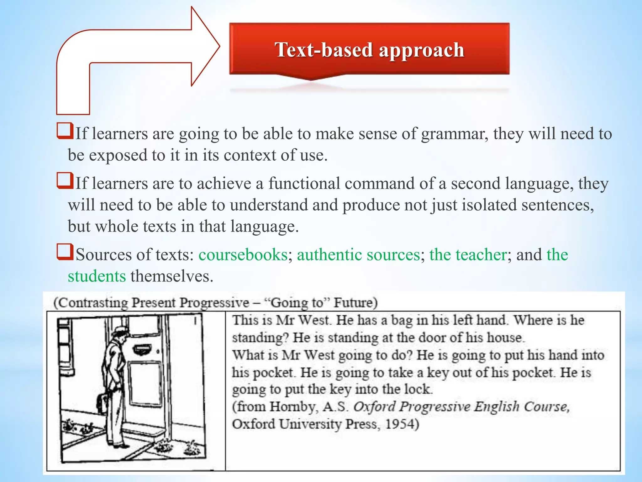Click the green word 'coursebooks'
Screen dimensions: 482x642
click(243, 254)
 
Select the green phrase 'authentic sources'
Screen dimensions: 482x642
click(358, 254)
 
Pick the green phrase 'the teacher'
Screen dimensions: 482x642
click(468, 254)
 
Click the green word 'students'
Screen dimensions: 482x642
click(97, 276)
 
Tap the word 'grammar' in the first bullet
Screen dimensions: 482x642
click(454, 134)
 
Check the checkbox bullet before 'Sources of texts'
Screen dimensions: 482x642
click(65, 253)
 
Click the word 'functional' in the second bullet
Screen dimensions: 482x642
click(304, 183)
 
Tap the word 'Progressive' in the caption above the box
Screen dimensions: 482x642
click(214, 303)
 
